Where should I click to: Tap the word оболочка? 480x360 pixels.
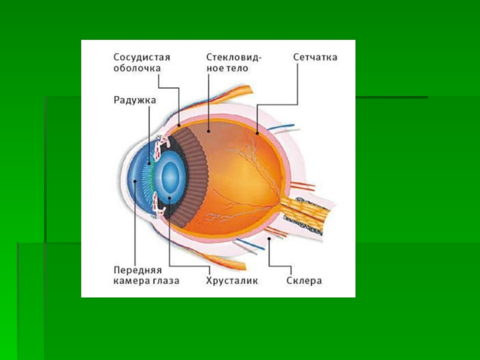pos(137,68)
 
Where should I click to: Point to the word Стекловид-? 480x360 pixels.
pos(234,57)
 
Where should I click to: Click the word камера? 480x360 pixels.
pos(130,280)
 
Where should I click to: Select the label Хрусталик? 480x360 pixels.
pos(232,280)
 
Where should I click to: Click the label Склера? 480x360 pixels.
pos(304,280)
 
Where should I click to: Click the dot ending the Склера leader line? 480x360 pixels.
pos(269,239)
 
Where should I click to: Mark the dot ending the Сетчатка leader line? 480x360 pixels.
pos(257,133)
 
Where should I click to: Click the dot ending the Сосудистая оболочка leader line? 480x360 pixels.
pos(179,124)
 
